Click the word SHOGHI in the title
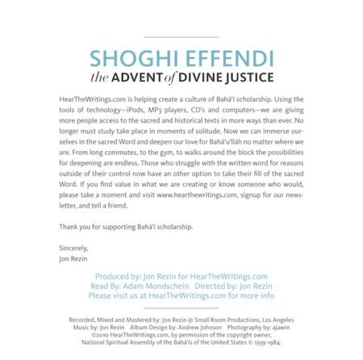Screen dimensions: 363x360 click(x=131, y=59)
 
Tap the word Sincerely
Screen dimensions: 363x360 click(x=74, y=247)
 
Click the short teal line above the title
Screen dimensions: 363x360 click(x=181, y=36)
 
